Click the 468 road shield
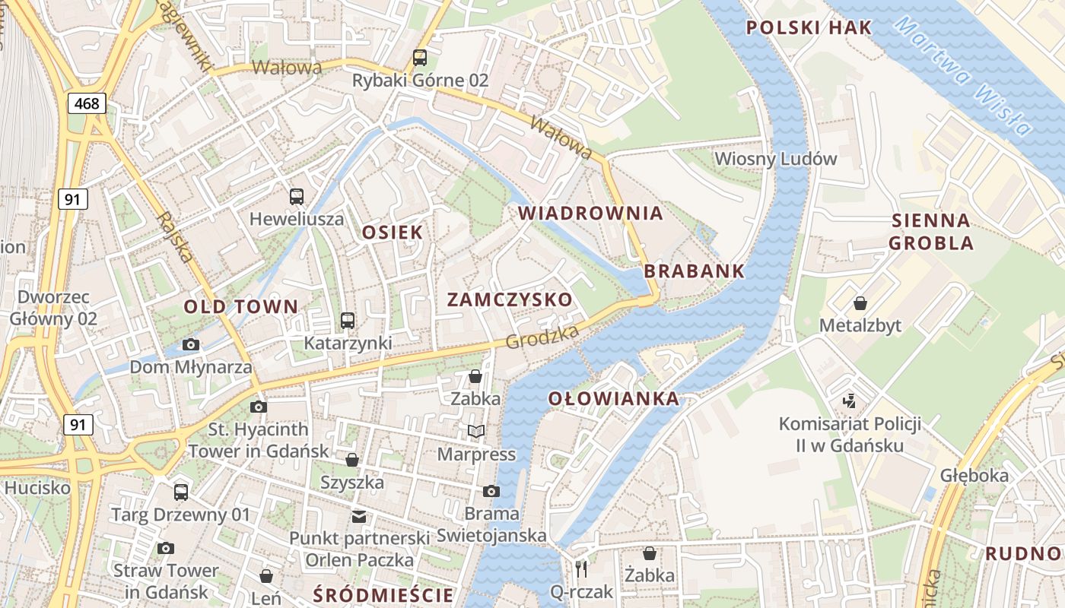pos(87,103)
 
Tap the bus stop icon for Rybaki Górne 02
pos(420,57)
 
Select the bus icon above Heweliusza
pos(297,197)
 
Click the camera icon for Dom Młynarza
pos(191,345)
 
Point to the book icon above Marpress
pos(476,432)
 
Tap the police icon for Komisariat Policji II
pos(849,401)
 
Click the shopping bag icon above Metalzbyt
pos(860,303)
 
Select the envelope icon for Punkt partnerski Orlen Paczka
pos(358,517)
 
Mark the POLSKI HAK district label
pos(809,28)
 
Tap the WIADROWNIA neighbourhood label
pos(590,214)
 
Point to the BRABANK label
pos(694,271)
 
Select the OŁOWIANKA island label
pos(614,398)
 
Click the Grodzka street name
pos(543,335)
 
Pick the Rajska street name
pos(174,237)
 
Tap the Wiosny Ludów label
pos(776,159)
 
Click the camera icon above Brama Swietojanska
pos(491,491)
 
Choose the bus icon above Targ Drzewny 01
pos(181,492)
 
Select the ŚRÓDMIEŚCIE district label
pos(383,594)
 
